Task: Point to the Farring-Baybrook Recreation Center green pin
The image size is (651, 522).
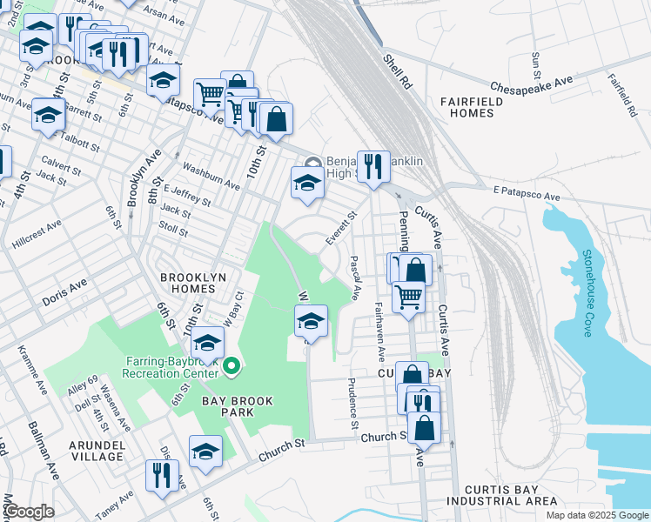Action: (231, 367)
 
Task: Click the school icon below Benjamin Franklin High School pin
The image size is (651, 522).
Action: (306, 183)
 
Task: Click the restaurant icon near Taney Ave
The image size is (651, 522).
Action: (162, 475)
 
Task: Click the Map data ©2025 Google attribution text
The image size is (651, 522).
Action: (596, 515)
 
